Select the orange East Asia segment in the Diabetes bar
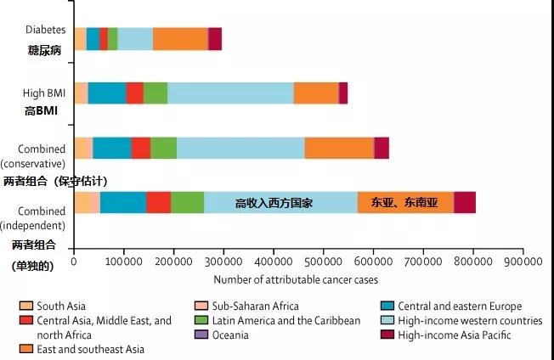pos(180,39)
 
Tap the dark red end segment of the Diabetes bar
pos(215,39)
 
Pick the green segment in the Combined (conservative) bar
pos(163,147)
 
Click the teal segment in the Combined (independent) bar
pos(122,202)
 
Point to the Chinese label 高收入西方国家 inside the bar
pos(274,203)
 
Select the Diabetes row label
pos(46,31)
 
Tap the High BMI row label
pos(45,93)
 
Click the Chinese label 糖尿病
pos(44,50)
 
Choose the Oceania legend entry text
pos(230,335)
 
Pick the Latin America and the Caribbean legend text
pos(286,321)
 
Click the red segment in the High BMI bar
pos(134,93)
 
